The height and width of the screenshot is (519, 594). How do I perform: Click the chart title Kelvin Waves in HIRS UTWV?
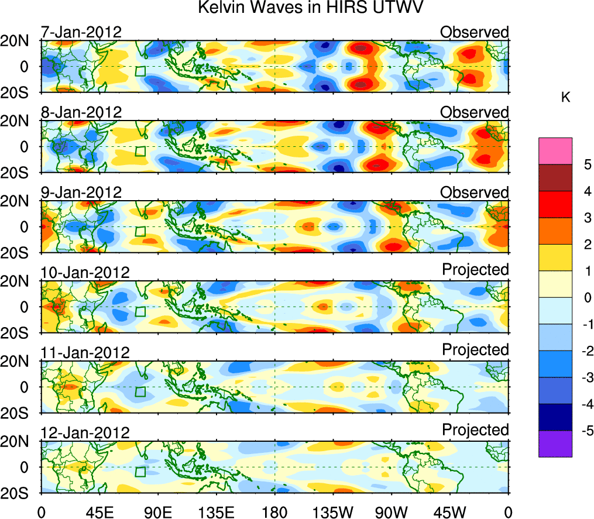[x=310, y=8]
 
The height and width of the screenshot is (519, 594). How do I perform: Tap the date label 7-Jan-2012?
[x=81, y=32]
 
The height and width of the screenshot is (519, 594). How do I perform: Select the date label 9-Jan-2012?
[x=81, y=193]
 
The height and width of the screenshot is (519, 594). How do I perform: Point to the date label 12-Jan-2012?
[x=85, y=433]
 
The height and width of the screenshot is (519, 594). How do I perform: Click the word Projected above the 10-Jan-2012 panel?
[x=475, y=269]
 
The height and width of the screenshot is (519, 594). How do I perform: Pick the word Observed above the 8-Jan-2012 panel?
[x=475, y=112]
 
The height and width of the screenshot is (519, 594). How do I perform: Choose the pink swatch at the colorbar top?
[x=555, y=151]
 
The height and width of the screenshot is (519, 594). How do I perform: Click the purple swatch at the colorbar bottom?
[x=555, y=444]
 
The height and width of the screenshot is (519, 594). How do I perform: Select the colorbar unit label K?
[x=565, y=98]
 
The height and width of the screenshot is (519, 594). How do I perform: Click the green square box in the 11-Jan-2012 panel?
[x=140, y=391]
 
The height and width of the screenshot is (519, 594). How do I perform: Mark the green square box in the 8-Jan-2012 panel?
[x=140, y=151]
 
